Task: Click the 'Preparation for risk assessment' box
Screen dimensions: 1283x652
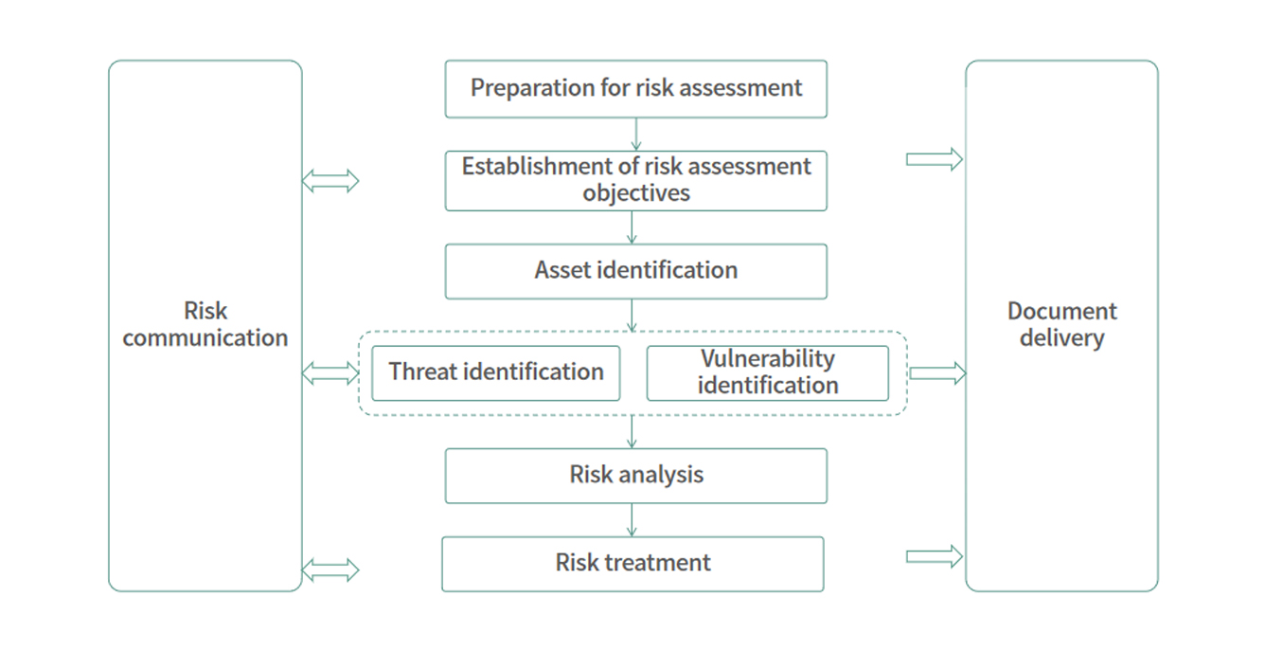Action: (x=635, y=89)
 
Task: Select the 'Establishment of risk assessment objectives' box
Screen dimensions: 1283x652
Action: (x=635, y=181)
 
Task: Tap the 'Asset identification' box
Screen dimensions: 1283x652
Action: (x=635, y=271)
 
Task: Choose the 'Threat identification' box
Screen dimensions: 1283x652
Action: (x=495, y=372)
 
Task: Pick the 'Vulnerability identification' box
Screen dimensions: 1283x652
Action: (x=768, y=372)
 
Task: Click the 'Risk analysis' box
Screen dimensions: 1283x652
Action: (x=635, y=476)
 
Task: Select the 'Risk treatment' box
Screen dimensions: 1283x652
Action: (x=633, y=564)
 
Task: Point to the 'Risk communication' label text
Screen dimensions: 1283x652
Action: (x=205, y=324)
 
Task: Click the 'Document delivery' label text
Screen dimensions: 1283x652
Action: (x=1062, y=324)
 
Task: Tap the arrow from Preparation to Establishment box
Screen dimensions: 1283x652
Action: (x=635, y=135)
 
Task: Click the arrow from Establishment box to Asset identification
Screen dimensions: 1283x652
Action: (x=632, y=227)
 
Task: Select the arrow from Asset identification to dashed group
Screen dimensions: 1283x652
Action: (x=632, y=316)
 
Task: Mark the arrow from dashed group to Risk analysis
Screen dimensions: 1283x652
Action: (x=632, y=431)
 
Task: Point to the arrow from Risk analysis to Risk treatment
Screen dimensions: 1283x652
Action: (x=632, y=520)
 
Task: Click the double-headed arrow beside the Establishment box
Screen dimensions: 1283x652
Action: (x=330, y=181)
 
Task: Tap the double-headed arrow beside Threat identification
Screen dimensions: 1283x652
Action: (x=330, y=373)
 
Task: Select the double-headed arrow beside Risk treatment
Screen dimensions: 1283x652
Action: (x=330, y=570)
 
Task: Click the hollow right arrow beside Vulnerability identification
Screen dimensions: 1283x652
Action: (x=937, y=373)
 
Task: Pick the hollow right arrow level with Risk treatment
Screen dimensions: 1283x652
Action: (x=935, y=556)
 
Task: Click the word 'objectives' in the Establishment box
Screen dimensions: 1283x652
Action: (x=636, y=193)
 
